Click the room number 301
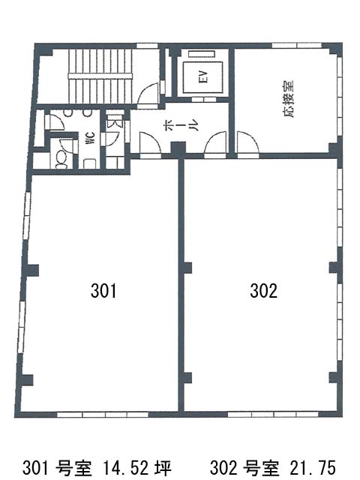click(103, 291)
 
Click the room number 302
click(263, 291)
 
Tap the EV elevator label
click(203, 76)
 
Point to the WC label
click(91, 138)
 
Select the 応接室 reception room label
click(288, 99)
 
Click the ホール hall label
click(181, 124)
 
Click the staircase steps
click(100, 76)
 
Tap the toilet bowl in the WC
click(62, 160)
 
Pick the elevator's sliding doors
click(203, 100)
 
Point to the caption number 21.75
click(312, 468)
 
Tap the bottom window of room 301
click(103, 415)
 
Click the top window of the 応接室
click(297, 45)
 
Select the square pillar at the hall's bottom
click(178, 149)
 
